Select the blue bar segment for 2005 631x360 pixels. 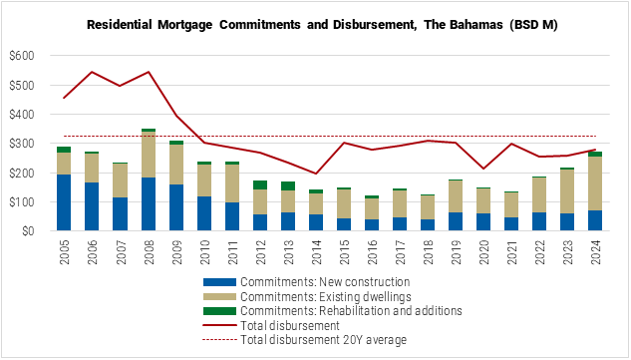(x=64, y=202)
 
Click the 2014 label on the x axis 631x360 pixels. (x=316, y=253)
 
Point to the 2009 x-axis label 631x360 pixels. (x=176, y=253)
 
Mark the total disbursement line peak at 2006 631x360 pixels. (x=92, y=72)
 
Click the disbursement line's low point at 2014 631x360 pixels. (x=316, y=174)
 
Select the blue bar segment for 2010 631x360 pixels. (x=204, y=213)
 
